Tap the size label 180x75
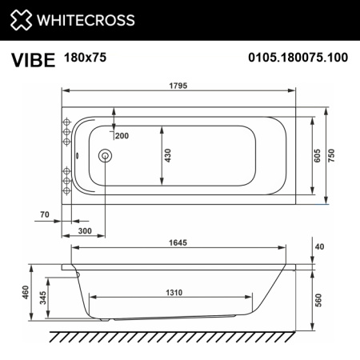click(x=86, y=58)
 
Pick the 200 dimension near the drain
click(x=121, y=136)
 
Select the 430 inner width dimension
click(x=167, y=155)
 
